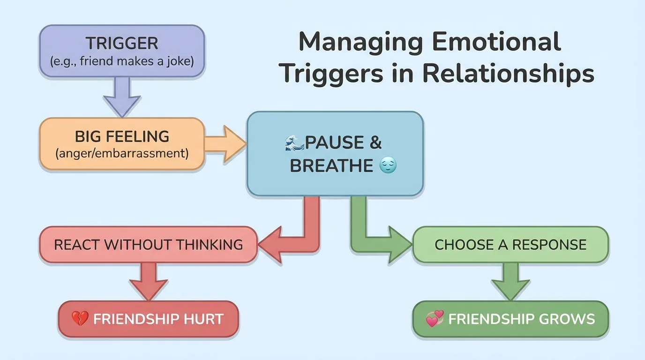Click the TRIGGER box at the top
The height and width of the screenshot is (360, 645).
[x=122, y=51]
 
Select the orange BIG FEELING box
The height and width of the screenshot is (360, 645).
[x=122, y=143]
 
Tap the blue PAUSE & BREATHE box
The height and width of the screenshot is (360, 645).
[x=335, y=154]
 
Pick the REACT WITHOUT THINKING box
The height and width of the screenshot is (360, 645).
[x=148, y=244]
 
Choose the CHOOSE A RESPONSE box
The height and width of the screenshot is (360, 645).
[x=510, y=244]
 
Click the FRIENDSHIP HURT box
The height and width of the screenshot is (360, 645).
[x=148, y=319]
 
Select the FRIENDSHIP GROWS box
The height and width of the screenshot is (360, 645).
[x=510, y=319]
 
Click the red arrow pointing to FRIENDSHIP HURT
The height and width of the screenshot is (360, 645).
[x=148, y=281]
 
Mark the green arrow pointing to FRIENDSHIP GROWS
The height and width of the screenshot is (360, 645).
[x=510, y=281]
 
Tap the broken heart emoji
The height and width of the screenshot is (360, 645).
[x=80, y=319]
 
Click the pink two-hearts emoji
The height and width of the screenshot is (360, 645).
[x=434, y=319]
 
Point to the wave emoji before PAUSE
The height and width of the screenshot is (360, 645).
[x=294, y=142]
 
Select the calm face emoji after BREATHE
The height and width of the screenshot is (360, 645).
[x=388, y=165]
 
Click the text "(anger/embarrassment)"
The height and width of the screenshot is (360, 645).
[x=122, y=153]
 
